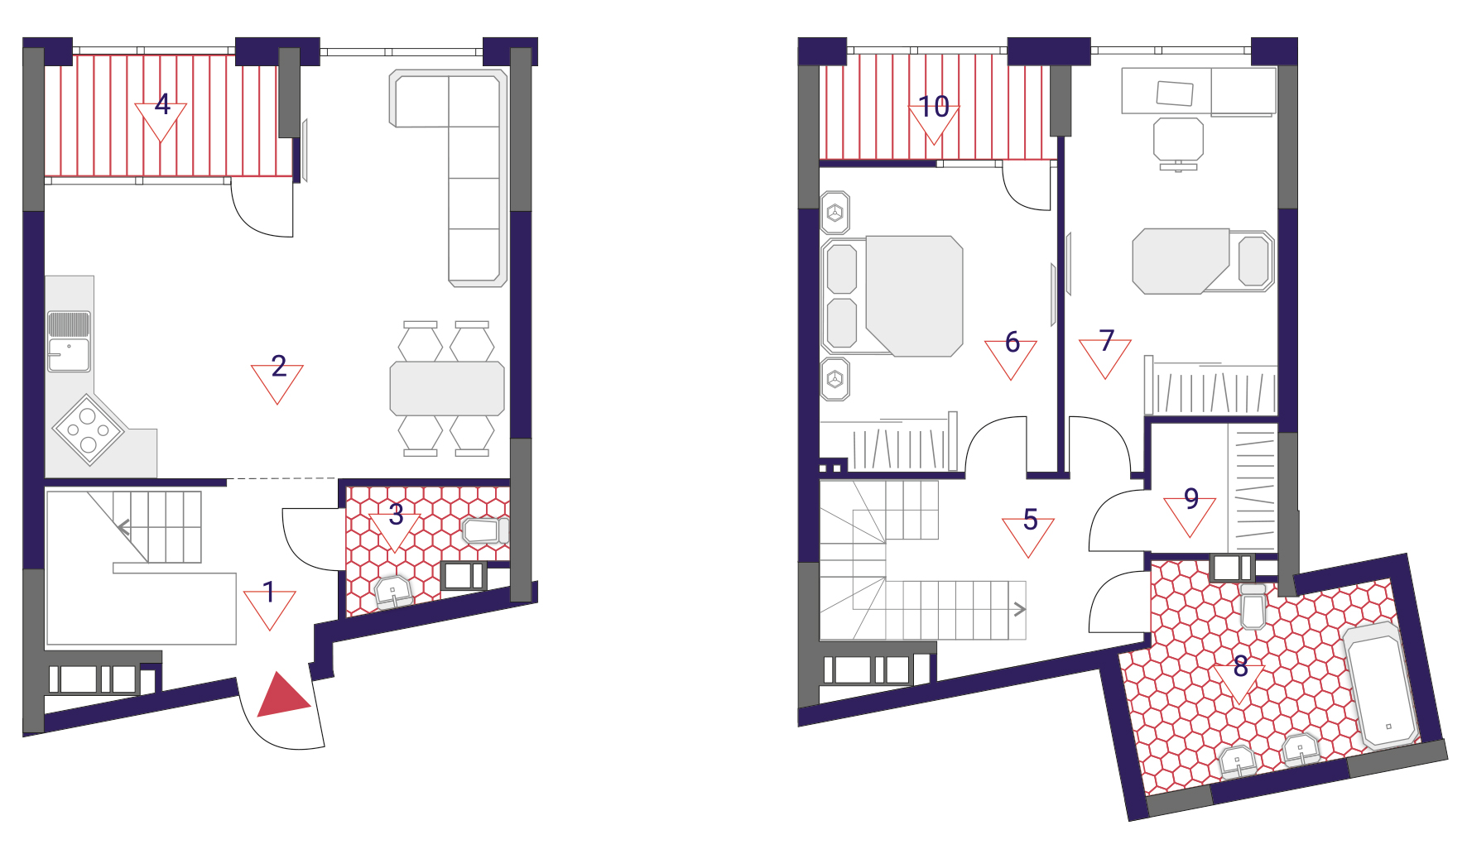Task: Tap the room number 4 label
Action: [x=162, y=103]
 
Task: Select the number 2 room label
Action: [x=279, y=366]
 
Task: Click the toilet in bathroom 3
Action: [x=485, y=530]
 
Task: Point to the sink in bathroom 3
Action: [x=393, y=593]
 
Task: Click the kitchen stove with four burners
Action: [x=88, y=429]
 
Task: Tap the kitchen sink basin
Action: [x=68, y=354]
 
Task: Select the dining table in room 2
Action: [x=447, y=388]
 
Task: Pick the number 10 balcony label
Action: [x=934, y=106]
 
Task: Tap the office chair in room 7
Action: [x=1178, y=142]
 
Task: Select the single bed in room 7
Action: [x=1203, y=261]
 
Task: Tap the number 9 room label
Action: [x=1191, y=498]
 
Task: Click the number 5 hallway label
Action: [x=1030, y=520]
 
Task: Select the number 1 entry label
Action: [x=269, y=593]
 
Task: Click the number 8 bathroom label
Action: [x=1240, y=665]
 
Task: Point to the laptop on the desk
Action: [x=1175, y=94]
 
